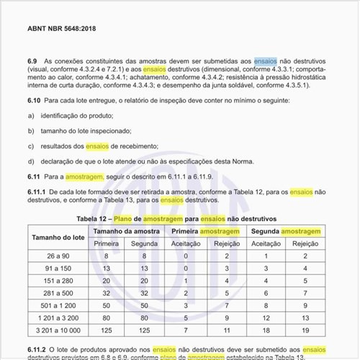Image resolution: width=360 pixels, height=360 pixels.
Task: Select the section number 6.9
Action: point(33,62)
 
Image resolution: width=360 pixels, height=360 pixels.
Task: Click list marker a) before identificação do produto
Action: point(31,115)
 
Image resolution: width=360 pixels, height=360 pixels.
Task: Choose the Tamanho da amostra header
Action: point(126,230)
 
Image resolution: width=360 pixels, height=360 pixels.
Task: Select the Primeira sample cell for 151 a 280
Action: point(107,281)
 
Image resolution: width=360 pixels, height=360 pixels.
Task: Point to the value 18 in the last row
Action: point(267,330)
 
